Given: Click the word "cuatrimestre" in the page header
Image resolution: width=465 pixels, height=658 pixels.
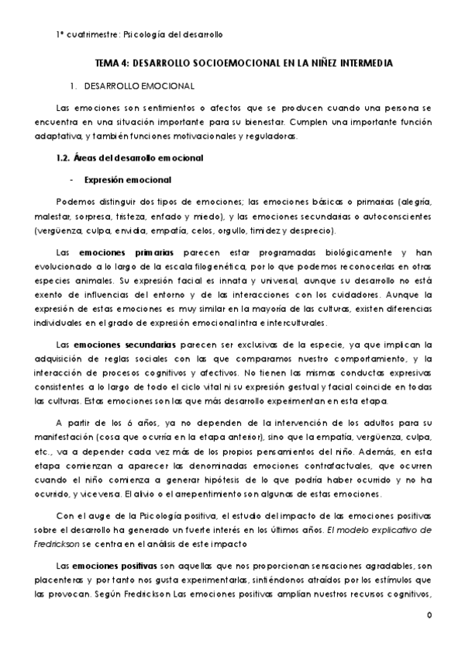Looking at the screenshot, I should pos(87,35).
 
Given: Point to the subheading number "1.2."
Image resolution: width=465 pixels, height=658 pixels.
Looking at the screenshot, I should pos(57,158).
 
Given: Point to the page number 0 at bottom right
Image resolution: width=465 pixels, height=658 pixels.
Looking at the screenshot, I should pos(429,615).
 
